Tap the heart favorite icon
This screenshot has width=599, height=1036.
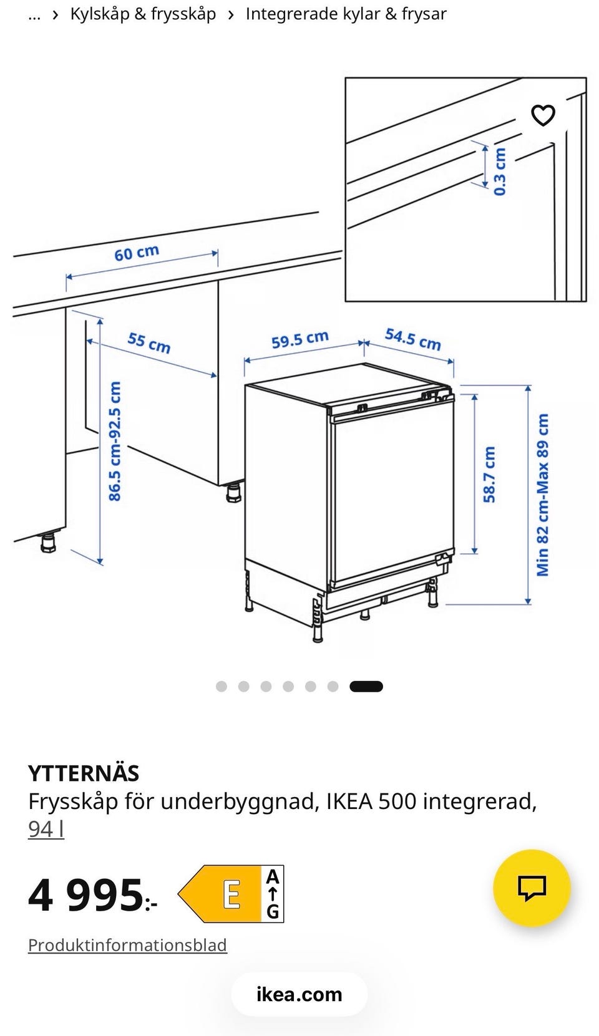coord(543,115)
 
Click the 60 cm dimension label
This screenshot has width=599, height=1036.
coord(137,253)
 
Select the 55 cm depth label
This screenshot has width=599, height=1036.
coord(149,342)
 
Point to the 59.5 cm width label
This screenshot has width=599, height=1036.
coord(299,340)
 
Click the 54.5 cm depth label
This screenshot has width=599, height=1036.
coord(412,339)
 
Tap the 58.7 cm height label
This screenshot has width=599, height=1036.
coord(489,475)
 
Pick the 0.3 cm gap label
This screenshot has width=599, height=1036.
coord(500,172)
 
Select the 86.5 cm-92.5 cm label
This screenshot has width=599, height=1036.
coord(115,441)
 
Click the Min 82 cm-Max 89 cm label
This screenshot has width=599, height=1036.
coord(542,495)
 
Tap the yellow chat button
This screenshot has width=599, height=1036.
coord(532,888)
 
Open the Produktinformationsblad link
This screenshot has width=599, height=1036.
coord(127,945)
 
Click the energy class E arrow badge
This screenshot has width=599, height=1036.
coord(230,894)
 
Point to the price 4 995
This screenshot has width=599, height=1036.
coord(92,896)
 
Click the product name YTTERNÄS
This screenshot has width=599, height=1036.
coord(83,773)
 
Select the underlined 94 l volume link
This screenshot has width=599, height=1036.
coord(46,830)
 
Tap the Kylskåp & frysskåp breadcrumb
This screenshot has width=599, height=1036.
coord(143,14)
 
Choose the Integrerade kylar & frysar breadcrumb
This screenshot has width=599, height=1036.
coord(346,14)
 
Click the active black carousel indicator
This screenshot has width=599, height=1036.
coord(366,686)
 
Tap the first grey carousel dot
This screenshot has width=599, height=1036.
coord(222,686)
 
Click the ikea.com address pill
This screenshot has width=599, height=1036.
coord(299,994)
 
